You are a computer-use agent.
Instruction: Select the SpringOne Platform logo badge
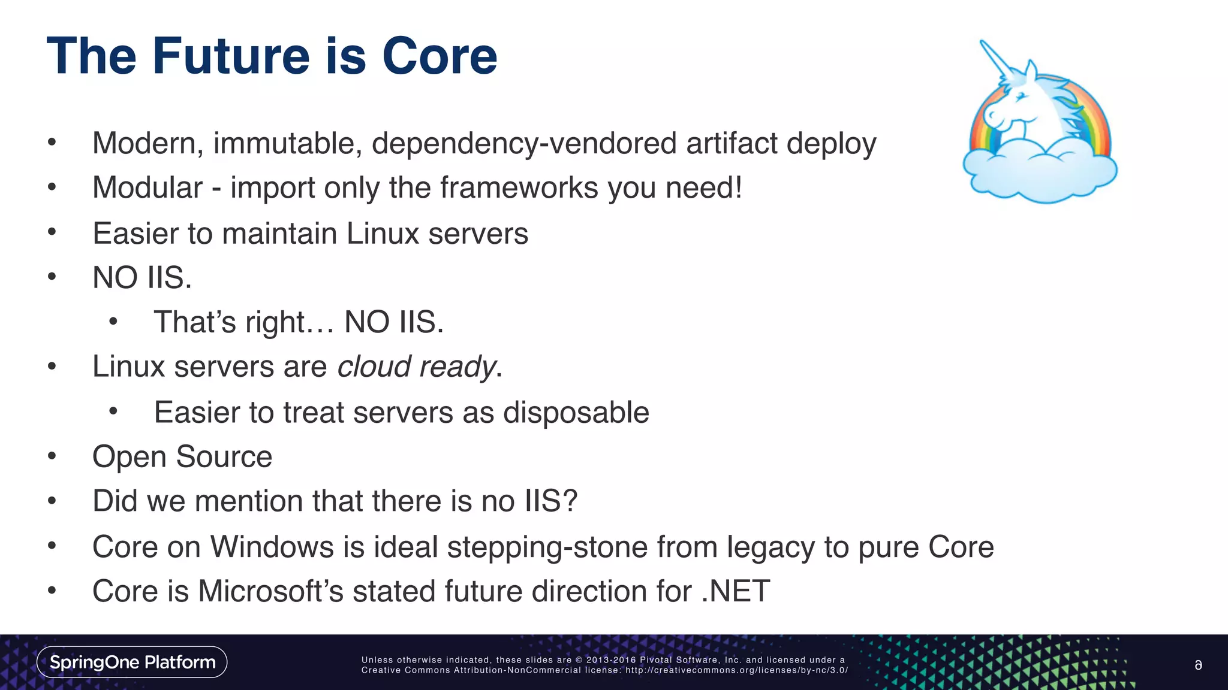click(x=132, y=662)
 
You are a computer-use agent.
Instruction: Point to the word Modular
click(x=148, y=187)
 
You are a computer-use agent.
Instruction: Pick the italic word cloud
click(x=374, y=367)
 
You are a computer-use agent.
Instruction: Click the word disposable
click(x=576, y=412)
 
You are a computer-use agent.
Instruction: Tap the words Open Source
click(x=182, y=457)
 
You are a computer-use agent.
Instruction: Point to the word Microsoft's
click(x=270, y=591)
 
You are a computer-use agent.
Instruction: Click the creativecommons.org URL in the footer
click(x=736, y=670)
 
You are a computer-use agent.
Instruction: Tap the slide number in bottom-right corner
click(x=1198, y=665)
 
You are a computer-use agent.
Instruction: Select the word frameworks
click(x=519, y=187)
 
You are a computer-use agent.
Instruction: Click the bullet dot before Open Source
click(x=52, y=457)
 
